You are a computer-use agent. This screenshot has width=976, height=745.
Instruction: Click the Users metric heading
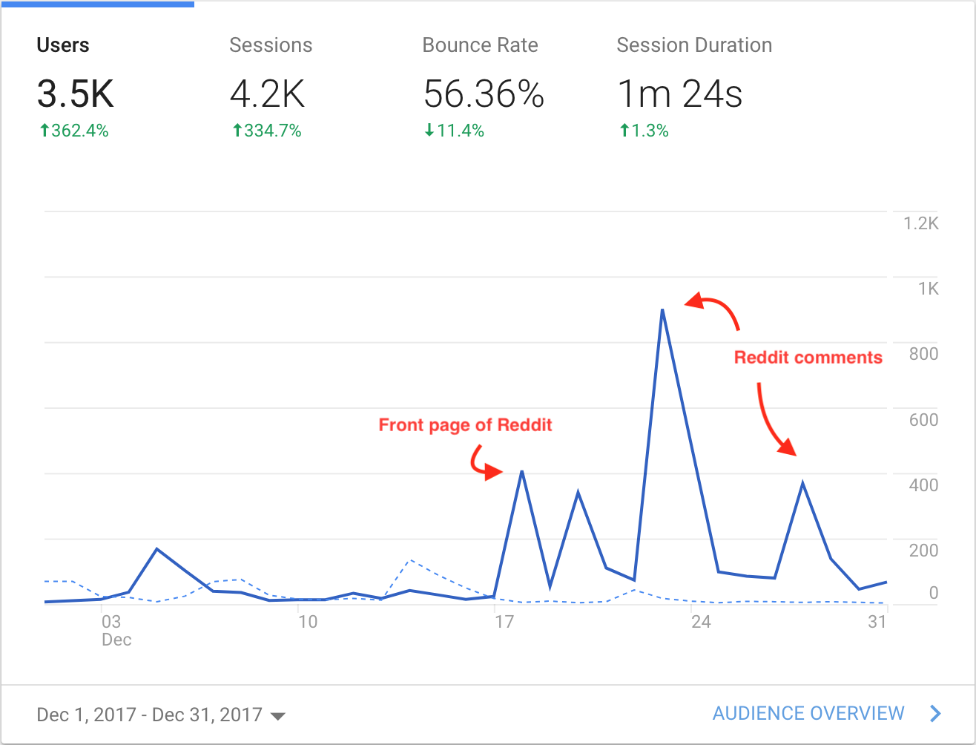click(63, 45)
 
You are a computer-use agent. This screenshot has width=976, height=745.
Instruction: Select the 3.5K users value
click(75, 94)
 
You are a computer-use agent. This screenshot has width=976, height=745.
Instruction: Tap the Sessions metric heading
click(271, 45)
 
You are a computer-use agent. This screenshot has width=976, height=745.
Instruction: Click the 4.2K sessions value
click(267, 94)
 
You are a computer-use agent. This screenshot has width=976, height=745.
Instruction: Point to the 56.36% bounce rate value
click(484, 94)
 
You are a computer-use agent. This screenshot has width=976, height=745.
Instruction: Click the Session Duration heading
click(694, 45)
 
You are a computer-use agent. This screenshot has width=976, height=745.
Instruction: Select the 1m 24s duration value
click(680, 94)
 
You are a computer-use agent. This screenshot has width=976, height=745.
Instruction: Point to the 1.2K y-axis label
click(921, 223)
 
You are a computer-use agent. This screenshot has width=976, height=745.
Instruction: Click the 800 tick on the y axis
click(923, 354)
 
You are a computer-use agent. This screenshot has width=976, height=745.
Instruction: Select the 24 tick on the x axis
click(701, 622)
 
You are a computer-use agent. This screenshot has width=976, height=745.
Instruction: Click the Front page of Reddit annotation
click(465, 425)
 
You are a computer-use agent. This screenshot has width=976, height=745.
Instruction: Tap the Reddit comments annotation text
click(808, 358)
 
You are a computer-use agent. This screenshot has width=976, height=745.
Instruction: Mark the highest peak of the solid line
click(662, 309)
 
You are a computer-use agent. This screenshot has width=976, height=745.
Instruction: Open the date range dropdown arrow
click(278, 716)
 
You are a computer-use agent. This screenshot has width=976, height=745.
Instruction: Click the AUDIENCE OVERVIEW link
click(808, 714)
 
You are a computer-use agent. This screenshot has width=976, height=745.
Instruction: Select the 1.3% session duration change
click(644, 131)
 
